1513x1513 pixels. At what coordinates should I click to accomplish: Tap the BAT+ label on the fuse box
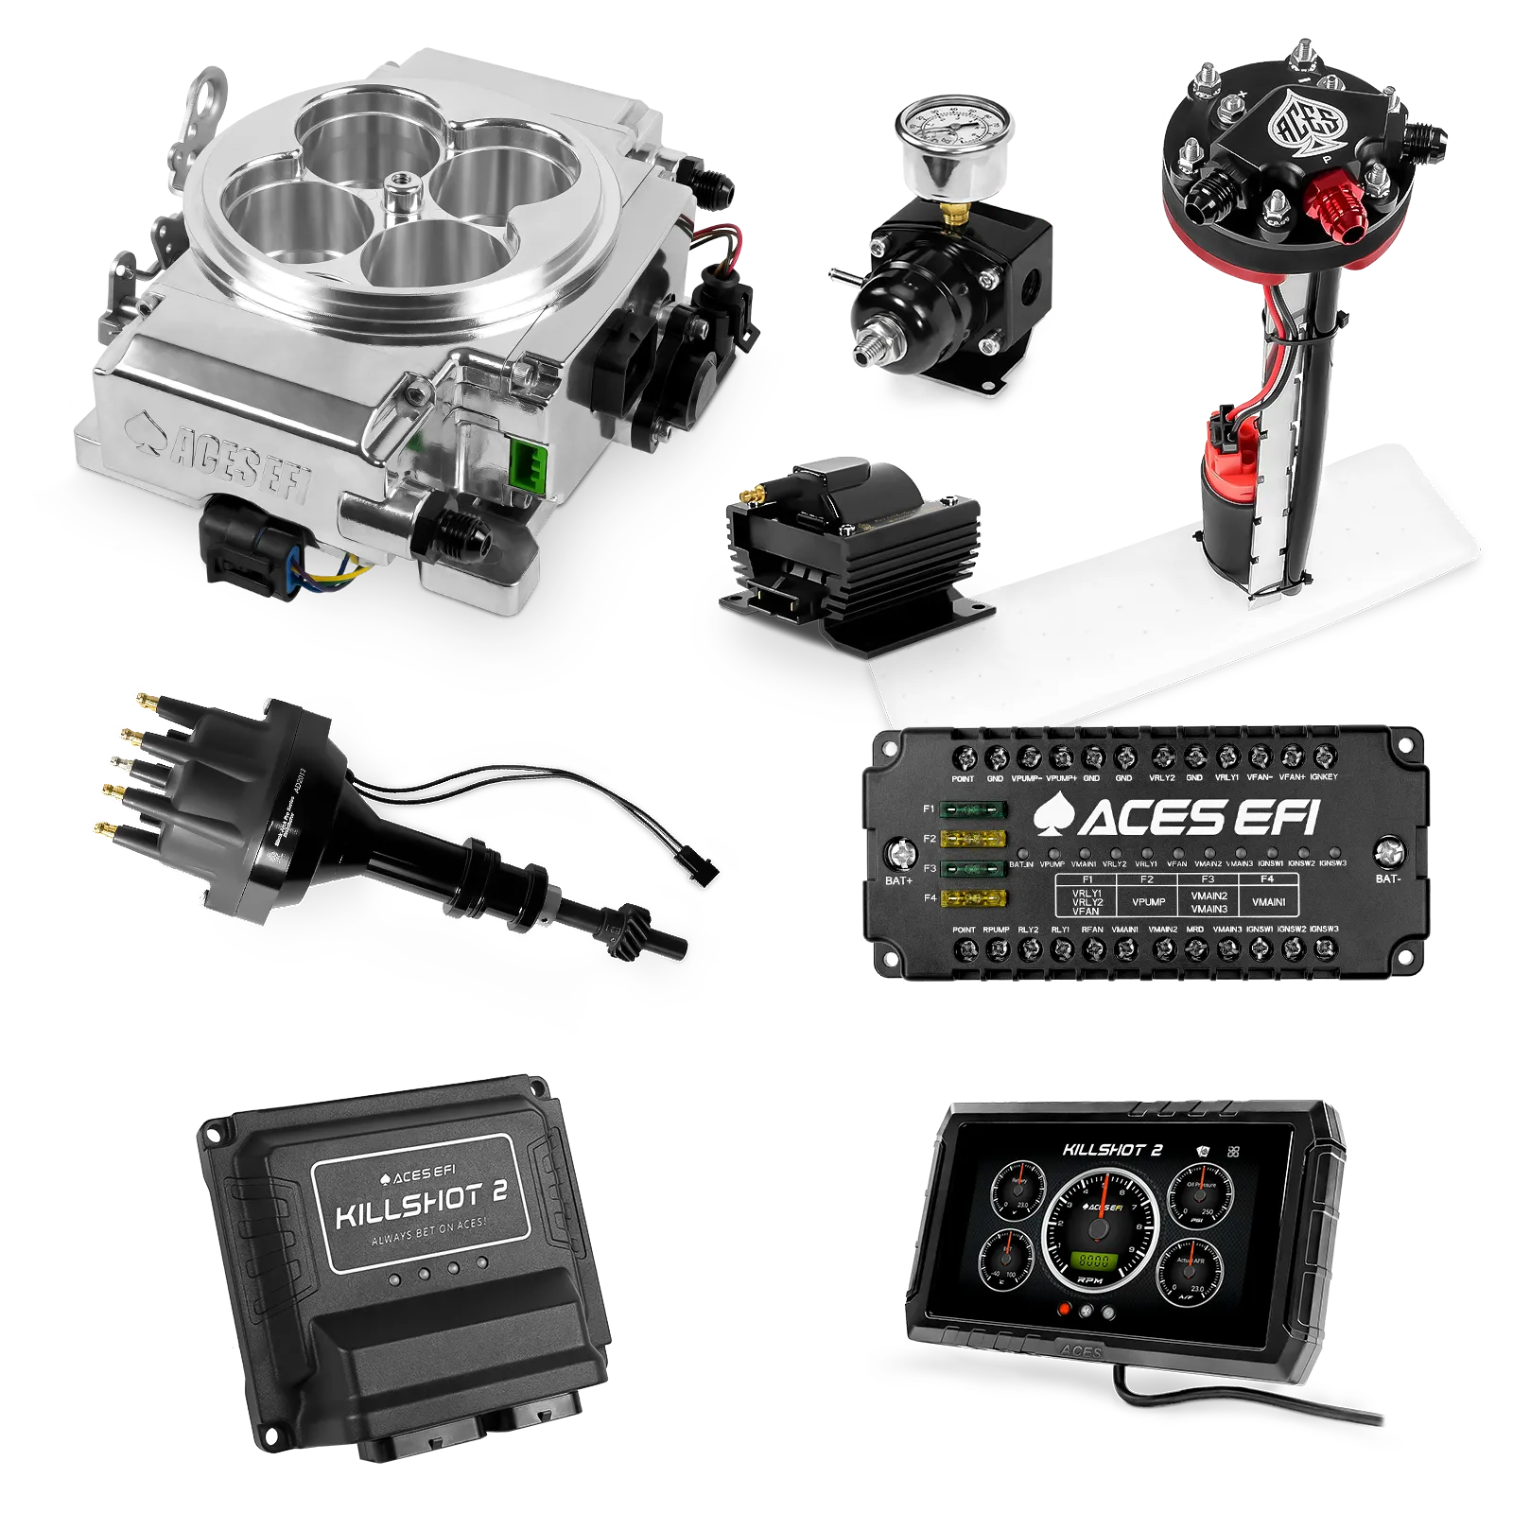coord(898,880)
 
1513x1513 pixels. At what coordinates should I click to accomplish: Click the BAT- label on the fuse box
coord(1387,878)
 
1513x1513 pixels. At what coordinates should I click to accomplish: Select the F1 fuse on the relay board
coord(974,809)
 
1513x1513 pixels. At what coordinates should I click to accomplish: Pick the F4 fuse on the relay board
coord(974,897)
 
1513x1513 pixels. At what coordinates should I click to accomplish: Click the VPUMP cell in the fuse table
coord(1148,901)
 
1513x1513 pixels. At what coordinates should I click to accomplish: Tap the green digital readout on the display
coord(1094,1261)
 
